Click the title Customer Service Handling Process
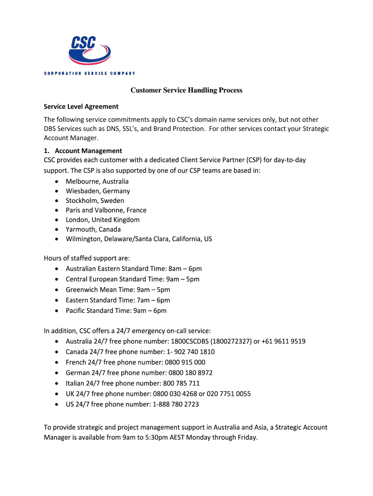point(186,91)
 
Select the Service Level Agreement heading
point(81,107)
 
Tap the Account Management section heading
point(88,151)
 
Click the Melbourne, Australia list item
point(97,181)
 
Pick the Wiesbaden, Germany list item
point(98,191)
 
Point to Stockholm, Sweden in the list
point(95,201)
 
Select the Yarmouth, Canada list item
point(93,229)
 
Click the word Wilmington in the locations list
point(83,239)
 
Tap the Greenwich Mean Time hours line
point(118,290)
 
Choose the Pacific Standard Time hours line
point(116,310)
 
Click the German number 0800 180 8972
point(190,372)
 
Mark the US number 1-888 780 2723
point(175,404)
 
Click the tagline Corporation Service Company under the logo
point(89,74)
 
